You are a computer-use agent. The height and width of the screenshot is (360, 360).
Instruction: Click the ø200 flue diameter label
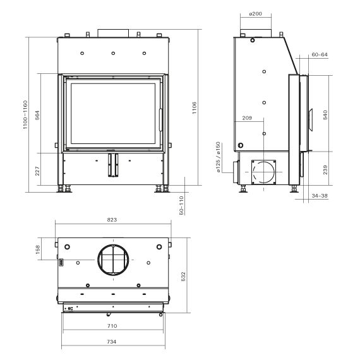[256, 14]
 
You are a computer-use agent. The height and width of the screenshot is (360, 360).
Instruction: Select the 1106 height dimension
[195, 108]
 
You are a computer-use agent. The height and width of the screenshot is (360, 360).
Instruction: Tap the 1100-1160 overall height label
[25, 114]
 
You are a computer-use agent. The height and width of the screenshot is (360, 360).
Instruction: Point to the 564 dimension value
[37, 115]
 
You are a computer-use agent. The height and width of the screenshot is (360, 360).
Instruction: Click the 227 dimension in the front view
[37, 171]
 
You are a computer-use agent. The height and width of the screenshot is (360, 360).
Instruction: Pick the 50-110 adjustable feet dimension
[181, 205]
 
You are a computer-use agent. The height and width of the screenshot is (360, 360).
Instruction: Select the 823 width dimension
[112, 220]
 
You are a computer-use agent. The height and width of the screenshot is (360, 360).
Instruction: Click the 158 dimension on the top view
[38, 249]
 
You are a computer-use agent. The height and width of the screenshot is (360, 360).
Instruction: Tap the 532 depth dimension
[183, 277]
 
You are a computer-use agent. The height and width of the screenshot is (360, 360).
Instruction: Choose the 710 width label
[112, 326]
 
